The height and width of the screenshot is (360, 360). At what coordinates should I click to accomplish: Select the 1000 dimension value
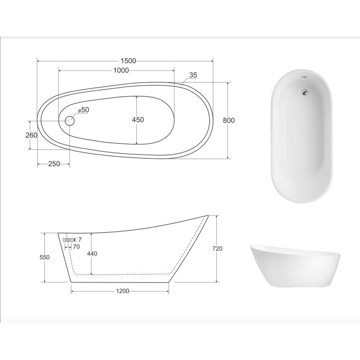click(121, 70)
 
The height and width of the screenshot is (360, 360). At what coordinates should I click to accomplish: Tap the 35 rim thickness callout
click(193, 75)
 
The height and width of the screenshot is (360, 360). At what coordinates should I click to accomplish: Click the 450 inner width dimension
click(138, 120)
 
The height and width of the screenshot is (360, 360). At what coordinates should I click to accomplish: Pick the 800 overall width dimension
click(228, 120)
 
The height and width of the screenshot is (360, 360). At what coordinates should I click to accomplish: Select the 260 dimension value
click(31, 135)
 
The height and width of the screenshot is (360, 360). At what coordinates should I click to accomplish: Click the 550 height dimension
click(45, 258)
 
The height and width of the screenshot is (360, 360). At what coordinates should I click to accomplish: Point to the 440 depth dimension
click(91, 254)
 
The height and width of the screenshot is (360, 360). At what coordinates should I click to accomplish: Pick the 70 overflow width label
click(76, 246)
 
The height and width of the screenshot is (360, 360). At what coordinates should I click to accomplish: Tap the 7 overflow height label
click(79, 240)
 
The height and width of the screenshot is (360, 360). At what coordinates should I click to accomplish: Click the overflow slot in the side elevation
click(68, 240)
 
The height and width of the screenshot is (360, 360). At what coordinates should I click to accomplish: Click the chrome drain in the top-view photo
click(304, 91)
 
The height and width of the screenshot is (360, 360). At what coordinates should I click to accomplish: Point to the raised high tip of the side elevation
click(207, 216)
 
